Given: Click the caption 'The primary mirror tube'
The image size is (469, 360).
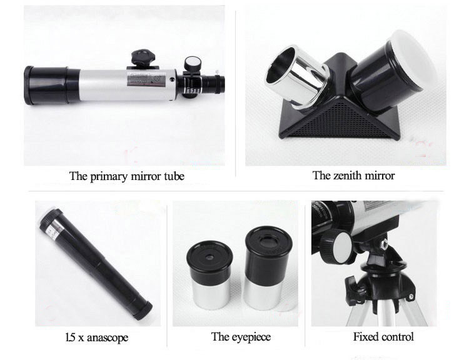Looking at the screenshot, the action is (x=127, y=176).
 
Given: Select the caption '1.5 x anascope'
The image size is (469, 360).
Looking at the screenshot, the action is (x=96, y=337).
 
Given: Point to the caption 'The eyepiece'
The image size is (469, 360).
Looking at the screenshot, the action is (x=241, y=337).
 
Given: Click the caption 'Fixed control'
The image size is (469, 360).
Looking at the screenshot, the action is (x=383, y=337).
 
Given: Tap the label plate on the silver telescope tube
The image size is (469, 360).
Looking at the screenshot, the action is (x=146, y=79).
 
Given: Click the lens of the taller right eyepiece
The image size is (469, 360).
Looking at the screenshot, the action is (x=268, y=241).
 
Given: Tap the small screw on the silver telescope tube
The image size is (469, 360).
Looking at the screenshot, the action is (x=172, y=79).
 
